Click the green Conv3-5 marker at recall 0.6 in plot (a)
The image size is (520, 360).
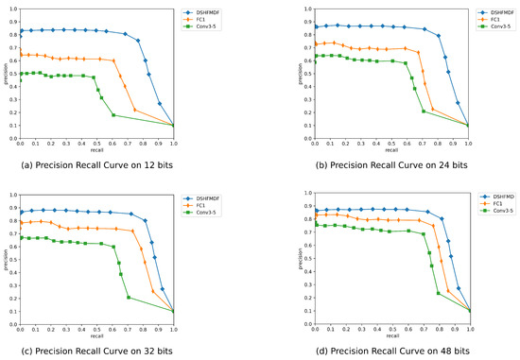(113, 115)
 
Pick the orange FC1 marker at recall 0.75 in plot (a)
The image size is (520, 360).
(134, 110)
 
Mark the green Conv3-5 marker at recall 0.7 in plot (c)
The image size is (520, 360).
(128, 298)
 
